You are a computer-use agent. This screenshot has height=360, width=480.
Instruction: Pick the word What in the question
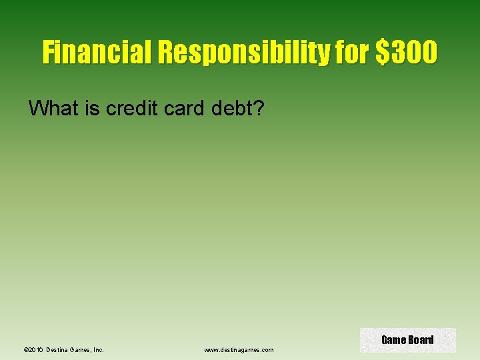coord(54,107)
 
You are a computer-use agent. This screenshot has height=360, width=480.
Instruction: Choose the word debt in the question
coord(235,107)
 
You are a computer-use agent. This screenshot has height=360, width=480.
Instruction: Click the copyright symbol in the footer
coord(25,349)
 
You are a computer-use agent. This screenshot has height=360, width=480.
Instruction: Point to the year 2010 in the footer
coord(36,349)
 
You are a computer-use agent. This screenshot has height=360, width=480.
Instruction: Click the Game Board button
coord(407,340)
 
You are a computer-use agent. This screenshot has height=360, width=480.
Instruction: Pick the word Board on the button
coord(421,340)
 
